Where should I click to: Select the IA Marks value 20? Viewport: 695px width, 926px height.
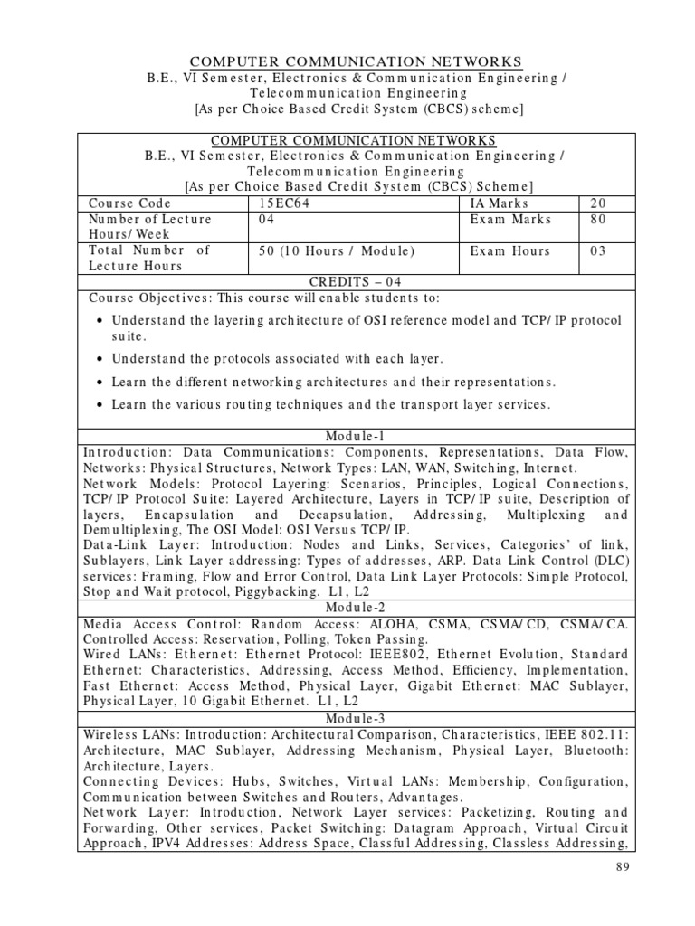point(600,204)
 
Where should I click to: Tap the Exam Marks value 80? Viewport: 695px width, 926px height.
point(600,220)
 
